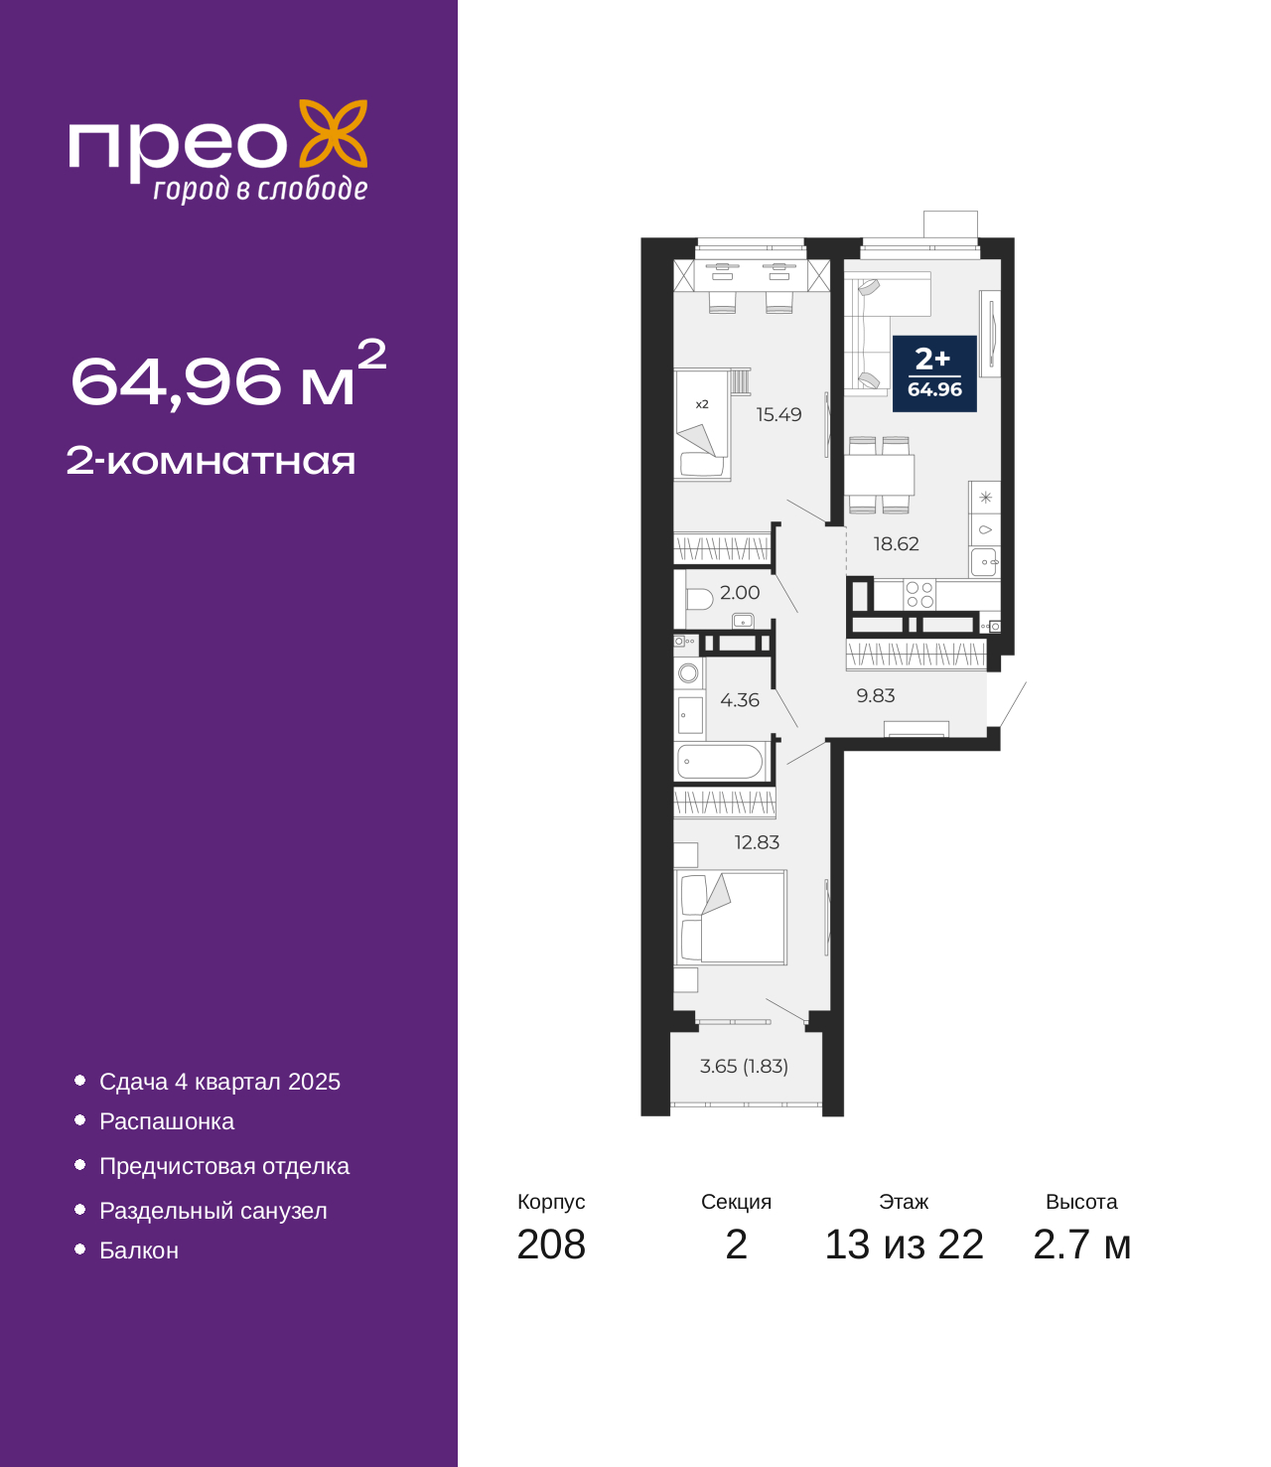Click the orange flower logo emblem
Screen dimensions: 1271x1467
click(333, 133)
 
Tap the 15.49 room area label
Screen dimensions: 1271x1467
click(778, 414)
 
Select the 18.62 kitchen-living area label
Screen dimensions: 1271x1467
click(896, 544)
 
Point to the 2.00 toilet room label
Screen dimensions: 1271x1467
click(740, 593)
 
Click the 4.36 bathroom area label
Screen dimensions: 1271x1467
click(740, 700)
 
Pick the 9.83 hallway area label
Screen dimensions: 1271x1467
click(875, 695)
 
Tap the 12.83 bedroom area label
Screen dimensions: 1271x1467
click(757, 842)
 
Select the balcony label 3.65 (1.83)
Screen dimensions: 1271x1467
click(744, 1066)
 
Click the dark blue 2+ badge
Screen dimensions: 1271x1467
click(934, 374)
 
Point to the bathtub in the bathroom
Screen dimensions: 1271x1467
click(720, 762)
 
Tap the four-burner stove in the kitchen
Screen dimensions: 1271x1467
click(919, 595)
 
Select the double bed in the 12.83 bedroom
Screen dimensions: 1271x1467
click(731, 917)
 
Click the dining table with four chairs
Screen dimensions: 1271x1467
click(879, 475)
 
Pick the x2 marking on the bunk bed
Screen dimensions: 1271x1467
click(701, 404)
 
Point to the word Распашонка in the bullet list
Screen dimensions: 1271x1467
click(167, 1122)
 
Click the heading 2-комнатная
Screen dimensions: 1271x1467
click(211, 461)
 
